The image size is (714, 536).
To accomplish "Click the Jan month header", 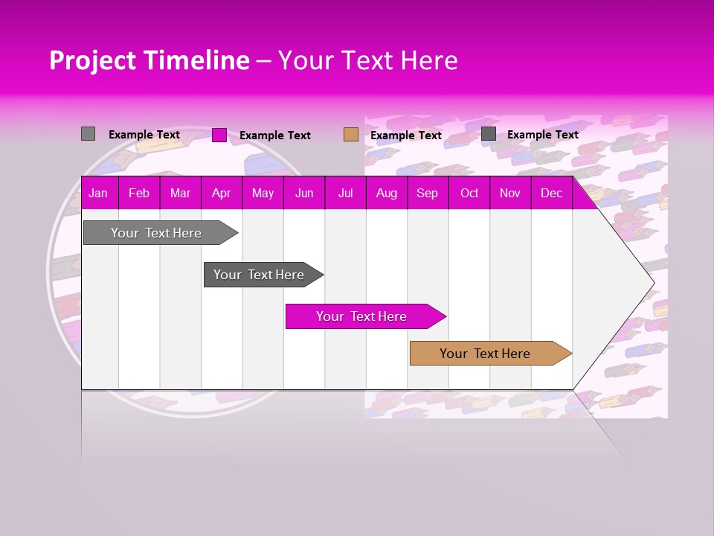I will (98, 194).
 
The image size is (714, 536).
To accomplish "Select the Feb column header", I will (139, 194).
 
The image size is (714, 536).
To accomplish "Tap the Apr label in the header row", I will (221, 194).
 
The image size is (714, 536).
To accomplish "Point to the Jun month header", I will (304, 194).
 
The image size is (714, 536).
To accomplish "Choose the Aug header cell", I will (386, 194).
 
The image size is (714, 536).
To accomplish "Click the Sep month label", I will (427, 194).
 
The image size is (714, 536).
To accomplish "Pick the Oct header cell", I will (469, 194).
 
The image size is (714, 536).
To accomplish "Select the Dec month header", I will (551, 194).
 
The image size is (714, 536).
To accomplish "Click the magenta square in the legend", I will (219, 135).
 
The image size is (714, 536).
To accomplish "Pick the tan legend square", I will (351, 135).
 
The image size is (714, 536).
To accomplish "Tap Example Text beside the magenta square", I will (275, 135).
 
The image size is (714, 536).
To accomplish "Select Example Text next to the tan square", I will (406, 135).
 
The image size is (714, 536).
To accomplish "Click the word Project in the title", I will (92, 61).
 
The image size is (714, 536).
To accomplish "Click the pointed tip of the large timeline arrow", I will (652, 283).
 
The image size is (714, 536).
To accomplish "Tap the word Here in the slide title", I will (429, 61).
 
